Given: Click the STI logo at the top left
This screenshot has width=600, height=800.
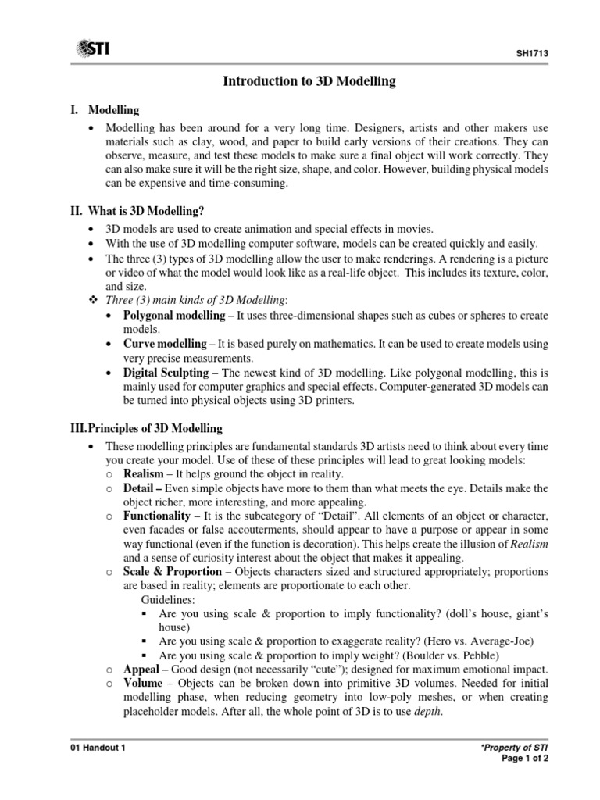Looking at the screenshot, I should point(92,49).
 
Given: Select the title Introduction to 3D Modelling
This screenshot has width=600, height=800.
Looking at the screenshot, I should point(310,80).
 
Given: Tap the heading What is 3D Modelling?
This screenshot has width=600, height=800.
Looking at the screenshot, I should point(141,210).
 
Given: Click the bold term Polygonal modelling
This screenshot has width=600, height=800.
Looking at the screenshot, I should point(170,314).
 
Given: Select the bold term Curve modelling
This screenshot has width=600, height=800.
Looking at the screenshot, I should point(162,344).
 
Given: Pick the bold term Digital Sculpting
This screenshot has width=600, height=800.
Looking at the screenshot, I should point(166,373).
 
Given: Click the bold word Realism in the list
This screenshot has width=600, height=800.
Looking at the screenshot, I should point(143,473).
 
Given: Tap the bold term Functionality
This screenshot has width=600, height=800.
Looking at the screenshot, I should point(156,516).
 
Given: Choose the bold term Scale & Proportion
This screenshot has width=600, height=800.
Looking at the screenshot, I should point(172,572).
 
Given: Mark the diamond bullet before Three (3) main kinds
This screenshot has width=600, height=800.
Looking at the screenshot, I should point(93,300).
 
